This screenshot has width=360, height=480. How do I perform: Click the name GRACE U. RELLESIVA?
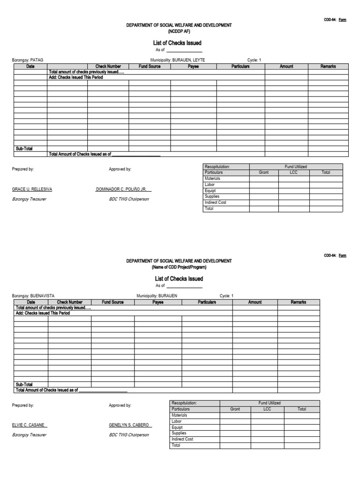32,189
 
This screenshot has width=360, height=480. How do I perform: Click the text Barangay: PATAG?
28,60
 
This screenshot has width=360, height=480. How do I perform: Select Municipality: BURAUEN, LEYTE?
178,60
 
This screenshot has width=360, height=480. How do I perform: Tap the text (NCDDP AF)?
179,31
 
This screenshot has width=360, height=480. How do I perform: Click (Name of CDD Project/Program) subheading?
179,267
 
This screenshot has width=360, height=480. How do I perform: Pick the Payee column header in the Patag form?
193,67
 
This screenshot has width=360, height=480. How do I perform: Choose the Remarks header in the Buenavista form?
299,302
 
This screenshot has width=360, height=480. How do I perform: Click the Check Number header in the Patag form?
108,67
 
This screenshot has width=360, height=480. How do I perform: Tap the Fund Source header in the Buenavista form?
112,302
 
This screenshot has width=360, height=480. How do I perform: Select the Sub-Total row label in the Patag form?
24,149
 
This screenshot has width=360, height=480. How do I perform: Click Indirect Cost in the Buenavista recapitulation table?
182,439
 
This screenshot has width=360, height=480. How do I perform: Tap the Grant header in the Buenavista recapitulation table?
235,409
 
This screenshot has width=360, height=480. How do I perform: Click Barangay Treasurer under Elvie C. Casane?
29,435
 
